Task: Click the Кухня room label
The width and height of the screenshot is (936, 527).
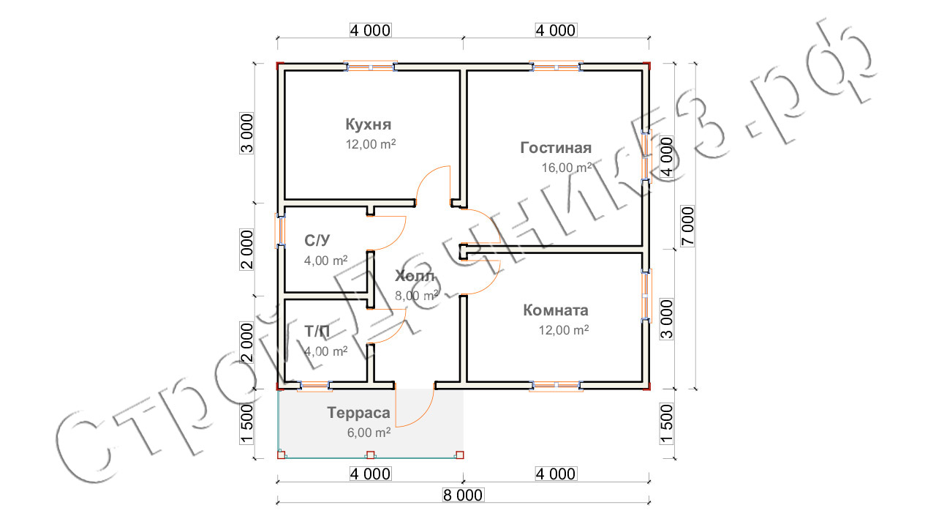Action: [x=370, y=123]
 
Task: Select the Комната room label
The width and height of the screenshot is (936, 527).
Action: [x=556, y=310]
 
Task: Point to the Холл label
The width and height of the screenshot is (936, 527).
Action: [x=415, y=277]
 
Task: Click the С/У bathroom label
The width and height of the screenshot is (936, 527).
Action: [x=317, y=239]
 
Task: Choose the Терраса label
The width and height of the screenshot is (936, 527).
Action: [x=358, y=412]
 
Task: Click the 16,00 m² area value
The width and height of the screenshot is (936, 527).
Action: [x=566, y=168]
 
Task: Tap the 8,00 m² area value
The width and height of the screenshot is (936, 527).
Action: [x=416, y=296]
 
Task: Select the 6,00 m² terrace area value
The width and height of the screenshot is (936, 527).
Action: [x=369, y=433]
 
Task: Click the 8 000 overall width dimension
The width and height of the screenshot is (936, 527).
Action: [x=463, y=496]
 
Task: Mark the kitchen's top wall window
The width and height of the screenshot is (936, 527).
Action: [x=371, y=67]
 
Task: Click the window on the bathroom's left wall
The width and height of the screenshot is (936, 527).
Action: [x=279, y=230]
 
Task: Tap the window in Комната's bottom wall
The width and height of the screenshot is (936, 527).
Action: [x=556, y=384]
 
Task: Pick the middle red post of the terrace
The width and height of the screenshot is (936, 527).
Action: [x=370, y=455]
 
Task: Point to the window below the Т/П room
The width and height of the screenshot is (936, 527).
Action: [x=316, y=385]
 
